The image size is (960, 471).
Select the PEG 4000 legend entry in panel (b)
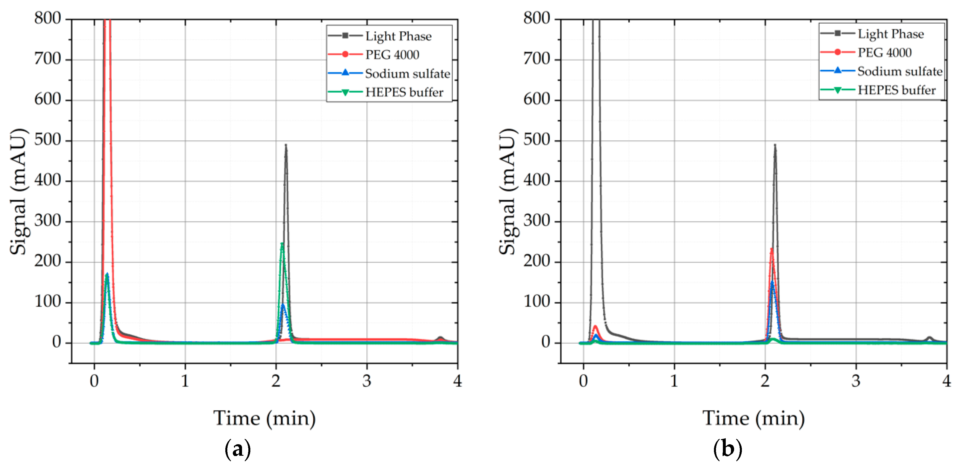point(884,53)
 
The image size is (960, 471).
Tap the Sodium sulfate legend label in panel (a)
point(407,73)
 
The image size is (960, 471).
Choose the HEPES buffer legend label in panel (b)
point(896,90)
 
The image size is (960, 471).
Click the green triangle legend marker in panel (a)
point(345,92)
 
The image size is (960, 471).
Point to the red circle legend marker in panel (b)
point(837,52)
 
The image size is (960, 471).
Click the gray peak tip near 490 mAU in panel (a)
point(286,145)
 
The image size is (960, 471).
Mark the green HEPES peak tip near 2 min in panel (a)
point(282,244)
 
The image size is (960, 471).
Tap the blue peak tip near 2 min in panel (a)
point(283,305)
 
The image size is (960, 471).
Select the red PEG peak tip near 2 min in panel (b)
point(772,249)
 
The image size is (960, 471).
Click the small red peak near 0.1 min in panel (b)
point(595,327)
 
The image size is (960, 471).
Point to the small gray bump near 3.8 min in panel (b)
point(929,338)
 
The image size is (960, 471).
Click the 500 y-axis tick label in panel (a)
point(47,140)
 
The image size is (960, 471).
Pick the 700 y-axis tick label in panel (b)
point(536,59)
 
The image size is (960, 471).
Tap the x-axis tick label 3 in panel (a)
point(367,381)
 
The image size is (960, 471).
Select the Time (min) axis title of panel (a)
point(264,418)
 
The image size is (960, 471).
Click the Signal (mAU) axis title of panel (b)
point(508,192)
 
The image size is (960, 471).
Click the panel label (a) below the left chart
point(238,449)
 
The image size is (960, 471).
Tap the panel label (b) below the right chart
point(727,449)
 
